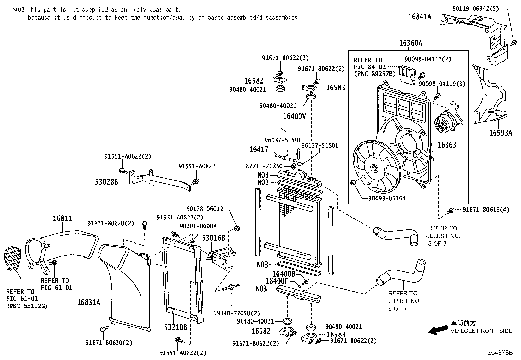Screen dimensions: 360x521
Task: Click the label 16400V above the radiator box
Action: [294, 116]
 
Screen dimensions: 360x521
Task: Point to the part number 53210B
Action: [175, 327]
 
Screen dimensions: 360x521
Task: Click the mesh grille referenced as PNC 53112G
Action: [12, 259]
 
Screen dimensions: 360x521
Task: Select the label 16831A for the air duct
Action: [88, 302]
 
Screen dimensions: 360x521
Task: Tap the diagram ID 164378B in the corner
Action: [500, 353]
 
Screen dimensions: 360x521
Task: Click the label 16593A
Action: [500, 133]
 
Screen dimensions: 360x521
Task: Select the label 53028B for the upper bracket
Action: [106, 182]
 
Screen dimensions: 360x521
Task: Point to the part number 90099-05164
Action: [387, 198]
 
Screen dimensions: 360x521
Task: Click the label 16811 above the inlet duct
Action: [62, 218]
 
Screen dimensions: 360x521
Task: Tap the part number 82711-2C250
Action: [264, 166]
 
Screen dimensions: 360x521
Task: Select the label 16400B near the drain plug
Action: [283, 274]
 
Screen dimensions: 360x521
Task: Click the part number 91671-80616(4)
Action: [486, 210]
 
